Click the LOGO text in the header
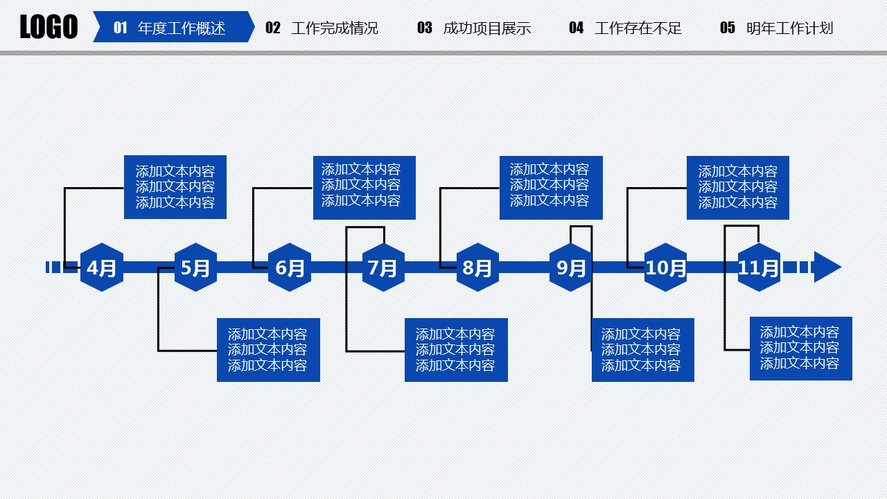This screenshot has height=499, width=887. point(49,28)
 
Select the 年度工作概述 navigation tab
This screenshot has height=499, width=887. point(182,28)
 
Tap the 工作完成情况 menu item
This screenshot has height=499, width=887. point(335,28)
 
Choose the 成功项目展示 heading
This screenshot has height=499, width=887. point(486,28)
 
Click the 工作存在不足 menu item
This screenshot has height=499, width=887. point(638,28)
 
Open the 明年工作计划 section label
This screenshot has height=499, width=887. point(789,28)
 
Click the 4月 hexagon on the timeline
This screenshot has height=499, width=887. point(102,268)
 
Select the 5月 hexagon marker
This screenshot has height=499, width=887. point(195,268)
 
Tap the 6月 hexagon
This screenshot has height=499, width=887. point(290,268)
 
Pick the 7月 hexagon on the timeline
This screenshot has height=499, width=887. point(383,268)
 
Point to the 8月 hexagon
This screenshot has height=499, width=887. point(477,268)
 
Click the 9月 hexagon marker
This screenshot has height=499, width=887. point(571,268)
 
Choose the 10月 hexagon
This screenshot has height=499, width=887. point(665,268)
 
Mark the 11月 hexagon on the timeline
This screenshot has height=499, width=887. point(759,268)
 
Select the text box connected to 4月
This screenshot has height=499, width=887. point(175,187)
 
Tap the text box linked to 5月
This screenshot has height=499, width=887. point(268,350)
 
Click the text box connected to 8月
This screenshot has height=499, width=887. point(551,188)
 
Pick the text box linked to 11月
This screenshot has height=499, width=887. point(800,349)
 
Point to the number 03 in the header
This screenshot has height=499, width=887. point(425,28)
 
